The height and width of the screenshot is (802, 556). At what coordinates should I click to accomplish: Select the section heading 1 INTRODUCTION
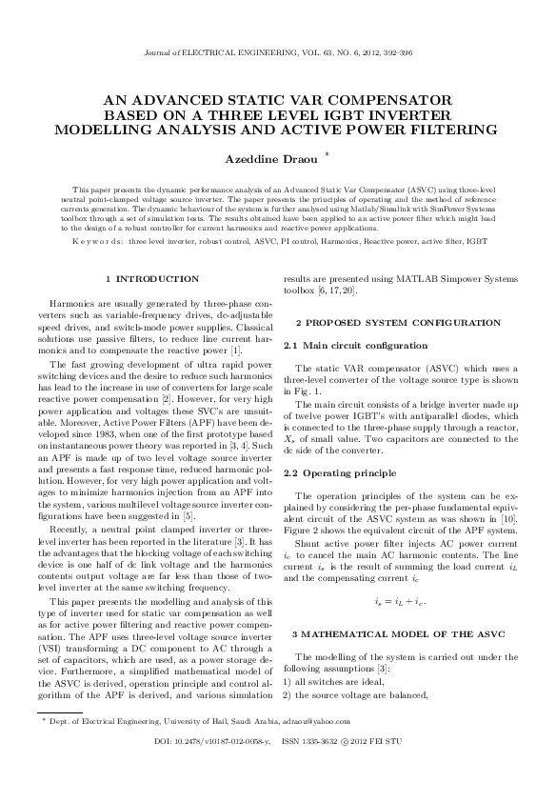pyautogui.click(x=152, y=278)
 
